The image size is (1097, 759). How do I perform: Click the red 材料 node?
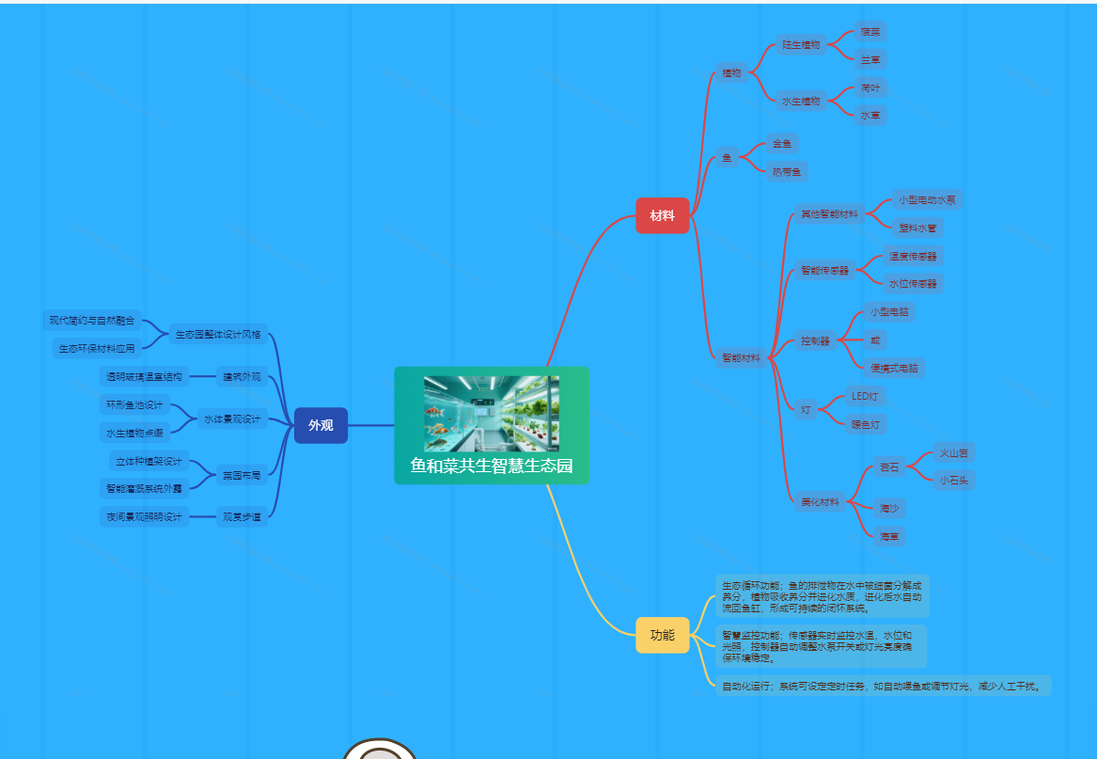[662, 215]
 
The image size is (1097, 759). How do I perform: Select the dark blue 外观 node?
[321, 425]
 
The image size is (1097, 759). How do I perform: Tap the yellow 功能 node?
[662, 635]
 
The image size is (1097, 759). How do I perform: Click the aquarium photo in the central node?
[491, 414]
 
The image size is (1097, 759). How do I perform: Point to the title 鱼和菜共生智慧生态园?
[492, 466]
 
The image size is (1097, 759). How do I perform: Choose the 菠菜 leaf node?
[870, 31]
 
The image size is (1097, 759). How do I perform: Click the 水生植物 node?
[801, 101]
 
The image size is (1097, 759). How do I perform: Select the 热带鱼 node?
[787, 171]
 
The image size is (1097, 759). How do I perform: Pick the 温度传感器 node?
[913, 256]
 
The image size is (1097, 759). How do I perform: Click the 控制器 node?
[815, 340]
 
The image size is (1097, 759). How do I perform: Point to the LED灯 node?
[864, 396]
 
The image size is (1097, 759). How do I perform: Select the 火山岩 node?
[954, 452]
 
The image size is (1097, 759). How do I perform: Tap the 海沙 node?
[889, 508]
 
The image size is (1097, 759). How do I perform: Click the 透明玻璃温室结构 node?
[144, 376]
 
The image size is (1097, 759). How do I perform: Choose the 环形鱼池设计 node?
[134, 405]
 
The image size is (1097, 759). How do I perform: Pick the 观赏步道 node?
[242, 516]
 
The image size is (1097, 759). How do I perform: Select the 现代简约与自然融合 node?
[92, 321]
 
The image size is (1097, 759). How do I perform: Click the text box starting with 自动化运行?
[882, 686]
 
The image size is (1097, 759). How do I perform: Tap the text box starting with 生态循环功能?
[822, 596]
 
